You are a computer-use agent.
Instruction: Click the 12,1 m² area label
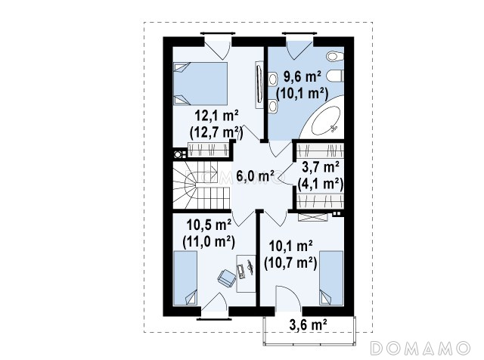[216, 116]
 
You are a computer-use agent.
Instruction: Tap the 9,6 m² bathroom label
[302, 76]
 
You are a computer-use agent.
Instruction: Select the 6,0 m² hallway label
[256, 176]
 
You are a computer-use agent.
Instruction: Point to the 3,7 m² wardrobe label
[321, 167]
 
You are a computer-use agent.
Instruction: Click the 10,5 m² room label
[209, 225]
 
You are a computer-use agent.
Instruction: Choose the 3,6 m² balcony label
[308, 324]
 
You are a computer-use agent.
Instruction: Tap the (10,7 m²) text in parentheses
[290, 263]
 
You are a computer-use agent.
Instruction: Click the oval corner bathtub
[325, 121]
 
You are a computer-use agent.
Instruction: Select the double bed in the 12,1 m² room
[200, 84]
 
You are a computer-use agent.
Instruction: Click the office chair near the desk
[226, 278]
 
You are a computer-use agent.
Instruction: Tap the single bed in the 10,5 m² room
[185, 278]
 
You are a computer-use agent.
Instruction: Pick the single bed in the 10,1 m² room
[331, 278]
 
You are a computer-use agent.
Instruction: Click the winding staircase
[201, 185]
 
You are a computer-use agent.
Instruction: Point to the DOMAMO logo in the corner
[420, 349]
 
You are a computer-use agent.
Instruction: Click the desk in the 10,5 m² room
[246, 273]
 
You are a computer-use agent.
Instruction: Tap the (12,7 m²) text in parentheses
[216, 133]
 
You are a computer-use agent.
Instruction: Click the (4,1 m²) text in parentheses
[321, 184]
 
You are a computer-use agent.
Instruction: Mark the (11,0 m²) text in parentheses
[209, 242]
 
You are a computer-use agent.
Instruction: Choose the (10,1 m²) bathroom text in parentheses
[302, 94]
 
